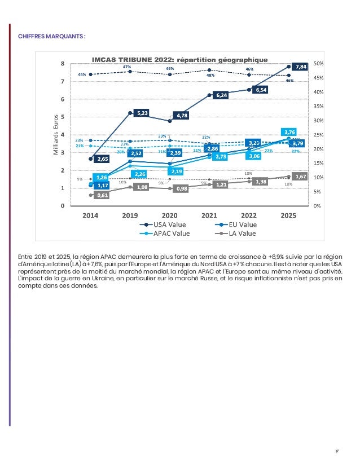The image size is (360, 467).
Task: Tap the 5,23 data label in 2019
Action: (142, 113)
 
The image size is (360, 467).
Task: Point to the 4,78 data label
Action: (182, 115)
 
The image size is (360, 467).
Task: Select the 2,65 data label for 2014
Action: (102, 159)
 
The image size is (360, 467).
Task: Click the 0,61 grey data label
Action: (102, 195)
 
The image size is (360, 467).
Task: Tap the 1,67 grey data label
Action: (300, 177)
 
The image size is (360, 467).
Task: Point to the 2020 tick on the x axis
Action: (170, 215)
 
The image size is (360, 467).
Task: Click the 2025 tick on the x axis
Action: (288, 215)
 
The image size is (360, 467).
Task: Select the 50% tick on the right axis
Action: (319, 64)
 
